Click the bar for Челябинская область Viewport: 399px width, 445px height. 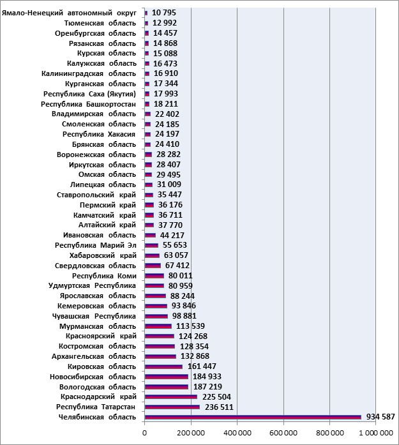pyautogui.click(x=253, y=417)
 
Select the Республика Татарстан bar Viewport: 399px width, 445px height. pyautogui.click(x=172, y=407)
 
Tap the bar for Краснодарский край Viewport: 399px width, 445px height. pyautogui.click(x=171, y=396)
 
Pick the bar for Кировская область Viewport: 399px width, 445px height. pyautogui.click(x=163, y=366)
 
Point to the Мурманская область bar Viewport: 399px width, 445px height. pyautogui.click(x=158, y=326)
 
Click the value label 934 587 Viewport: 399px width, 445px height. pyautogui.click(x=380, y=417)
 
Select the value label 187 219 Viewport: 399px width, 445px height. pyautogui.click(x=207, y=386)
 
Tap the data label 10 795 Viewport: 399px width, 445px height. pyautogui.click(x=164, y=13)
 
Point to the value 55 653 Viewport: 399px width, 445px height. pyautogui.click(x=175, y=245)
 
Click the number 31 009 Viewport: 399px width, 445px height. pyautogui.click(x=169, y=185)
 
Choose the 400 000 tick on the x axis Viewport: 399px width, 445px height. pyautogui.click(x=237, y=433)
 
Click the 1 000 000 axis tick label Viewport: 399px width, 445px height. pyautogui.click(x=376, y=433)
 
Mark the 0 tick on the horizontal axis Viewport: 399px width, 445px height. pyautogui.click(x=145, y=433)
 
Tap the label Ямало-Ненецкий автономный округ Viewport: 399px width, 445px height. pyautogui.click(x=69, y=13)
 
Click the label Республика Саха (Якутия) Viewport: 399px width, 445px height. pyautogui.click(x=89, y=94)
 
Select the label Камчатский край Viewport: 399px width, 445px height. pyautogui.click(x=105, y=215)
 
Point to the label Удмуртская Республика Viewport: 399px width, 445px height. pyautogui.click(x=92, y=286)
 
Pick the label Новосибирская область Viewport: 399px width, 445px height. pyautogui.click(x=93, y=377)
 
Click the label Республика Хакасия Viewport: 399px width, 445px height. pyautogui.click(x=99, y=134)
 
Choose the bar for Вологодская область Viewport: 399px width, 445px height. pyautogui.click(x=166, y=387)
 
